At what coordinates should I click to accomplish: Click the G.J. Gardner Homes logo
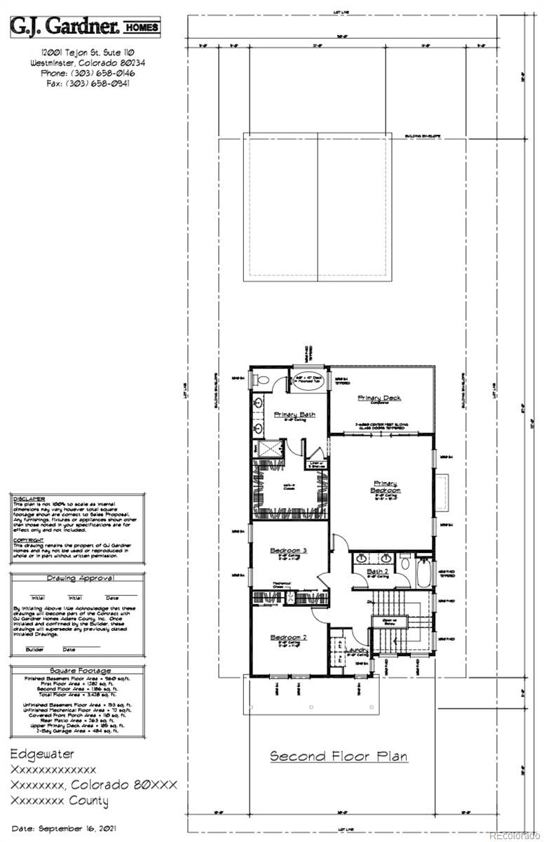click(84, 27)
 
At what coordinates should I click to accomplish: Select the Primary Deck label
click(379, 398)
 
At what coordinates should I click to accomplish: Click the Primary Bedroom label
click(386, 486)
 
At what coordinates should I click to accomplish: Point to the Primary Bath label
click(294, 414)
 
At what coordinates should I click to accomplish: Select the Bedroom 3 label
click(289, 551)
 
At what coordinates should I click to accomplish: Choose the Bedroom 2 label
click(289, 637)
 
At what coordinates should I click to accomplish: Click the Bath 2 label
click(378, 572)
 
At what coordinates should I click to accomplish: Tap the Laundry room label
click(358, 650)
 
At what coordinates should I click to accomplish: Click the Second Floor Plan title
click(339, 756)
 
